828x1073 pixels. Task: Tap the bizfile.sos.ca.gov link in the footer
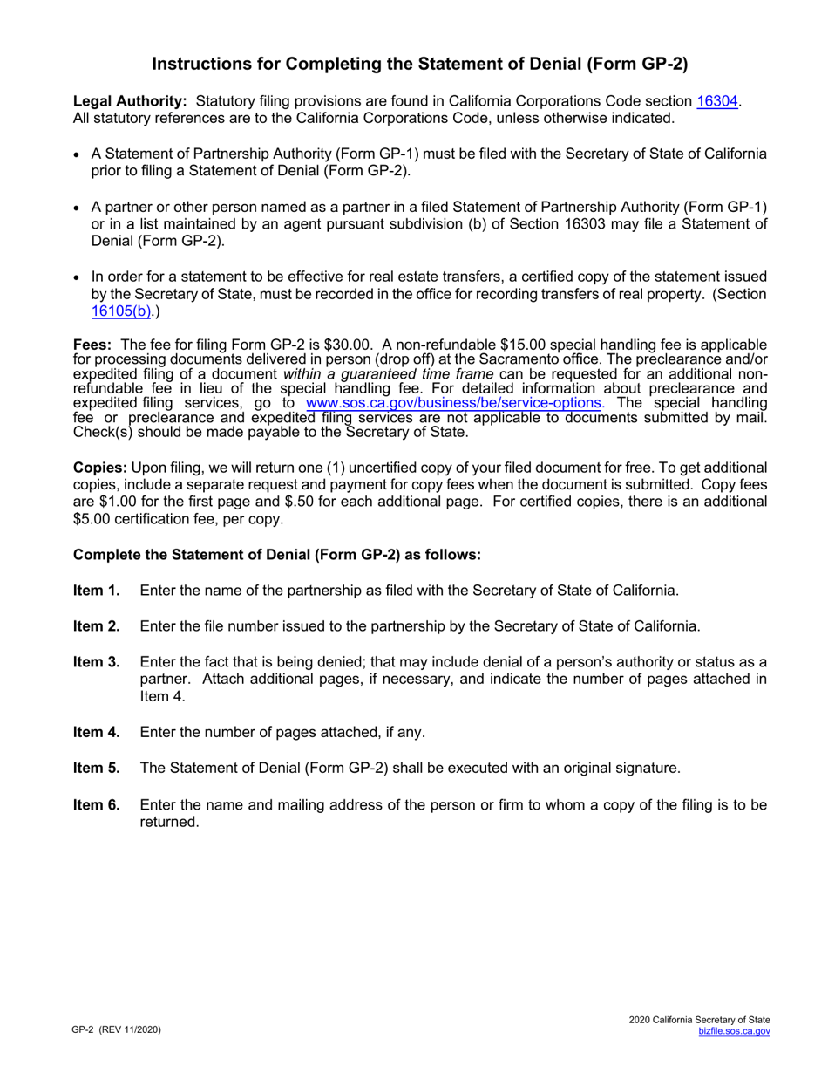pyautogui.click(x=734, y=1031)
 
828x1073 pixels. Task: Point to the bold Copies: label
pyautogui.click(x=101, y=468)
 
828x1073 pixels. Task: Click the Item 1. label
pyautogui.click(x=97, y=591)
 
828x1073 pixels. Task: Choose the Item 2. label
pyautogui.click(x=97, y=626)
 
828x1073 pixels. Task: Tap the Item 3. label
pyautogui.click(x=97, y=661)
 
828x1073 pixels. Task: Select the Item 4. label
pyautogui.click(x=97, y=733)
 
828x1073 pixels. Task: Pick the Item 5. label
pyautogui.click(x=97, y=769)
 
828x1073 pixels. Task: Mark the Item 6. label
pyautogui.click(x=97, y=804)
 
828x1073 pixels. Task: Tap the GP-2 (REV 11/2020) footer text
pyautogui.click(x=117, y=1030)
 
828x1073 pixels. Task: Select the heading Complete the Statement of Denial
pyautogui.click(x=276, y=555)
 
